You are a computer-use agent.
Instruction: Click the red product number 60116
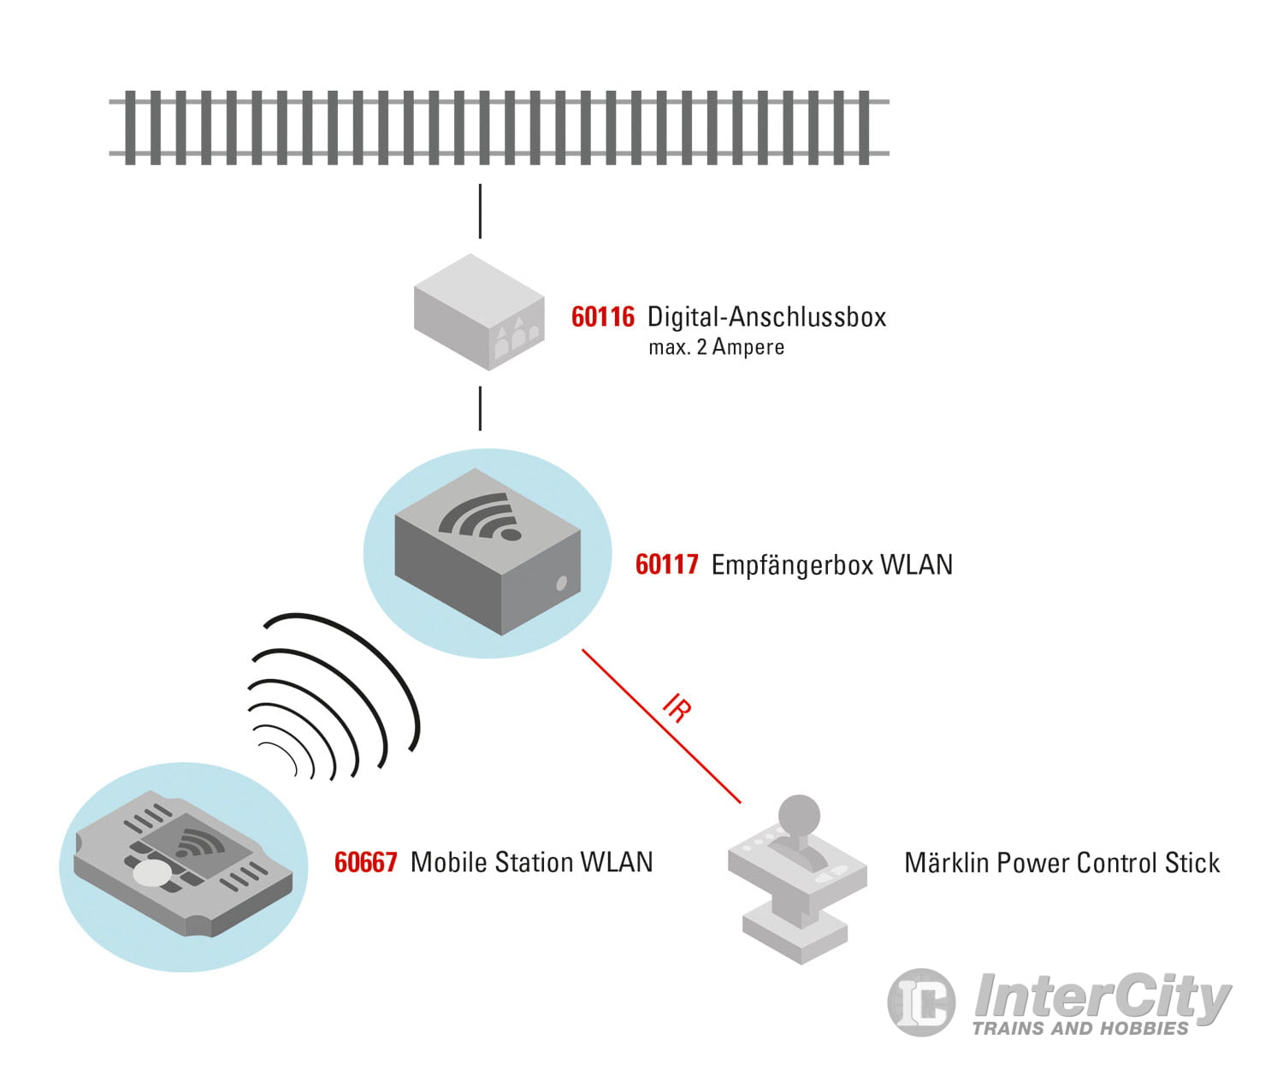click(602, 317)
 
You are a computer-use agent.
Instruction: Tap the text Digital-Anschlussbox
click(766, 317)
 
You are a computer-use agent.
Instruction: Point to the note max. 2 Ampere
click(716, 347)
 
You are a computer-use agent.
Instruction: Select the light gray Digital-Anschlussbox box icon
click(478, 312)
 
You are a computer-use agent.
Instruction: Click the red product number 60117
click(666, 565)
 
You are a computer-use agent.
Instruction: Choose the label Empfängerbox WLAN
click(831, 565)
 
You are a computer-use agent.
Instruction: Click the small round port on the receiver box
click(561, 584)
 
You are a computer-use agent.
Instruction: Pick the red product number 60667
click(365, 862)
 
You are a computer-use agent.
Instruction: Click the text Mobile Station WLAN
click(531, 862)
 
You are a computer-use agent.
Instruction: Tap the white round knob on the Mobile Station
click(152, 873)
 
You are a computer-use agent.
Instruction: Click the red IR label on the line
click(677, 709)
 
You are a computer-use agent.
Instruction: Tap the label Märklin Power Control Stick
click(1061, 863)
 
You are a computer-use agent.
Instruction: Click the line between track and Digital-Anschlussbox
click(480, 210)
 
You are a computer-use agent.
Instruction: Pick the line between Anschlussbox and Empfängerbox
click(480, 408)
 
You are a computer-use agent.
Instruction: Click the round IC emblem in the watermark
click(921, 1001)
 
